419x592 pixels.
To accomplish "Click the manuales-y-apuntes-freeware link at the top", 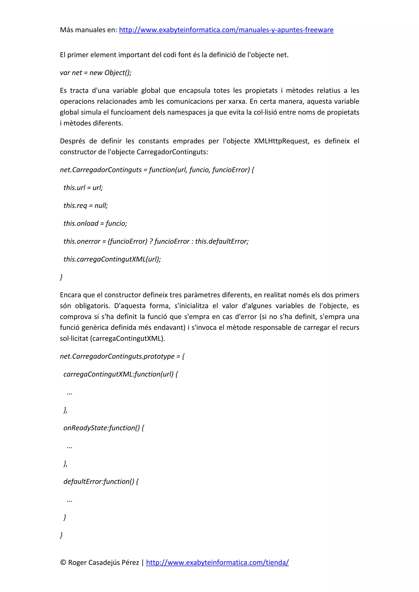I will [226, 30].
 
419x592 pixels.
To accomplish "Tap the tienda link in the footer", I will [217, 562].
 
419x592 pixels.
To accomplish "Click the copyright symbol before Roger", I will [63, 562].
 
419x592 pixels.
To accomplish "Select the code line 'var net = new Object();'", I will [96, 73].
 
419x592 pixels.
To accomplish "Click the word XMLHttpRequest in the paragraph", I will [281, 141].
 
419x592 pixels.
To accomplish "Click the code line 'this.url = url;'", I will [83, 188].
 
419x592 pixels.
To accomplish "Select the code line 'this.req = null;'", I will [86, 206].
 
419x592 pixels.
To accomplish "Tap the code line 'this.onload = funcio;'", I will [95, 223].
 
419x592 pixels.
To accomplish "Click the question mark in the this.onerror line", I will [151, 241].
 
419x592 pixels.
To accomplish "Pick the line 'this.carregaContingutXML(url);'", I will [112, 259].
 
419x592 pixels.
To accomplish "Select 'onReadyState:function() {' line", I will [104, 428].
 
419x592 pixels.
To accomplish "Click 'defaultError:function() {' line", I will [101, 481].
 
